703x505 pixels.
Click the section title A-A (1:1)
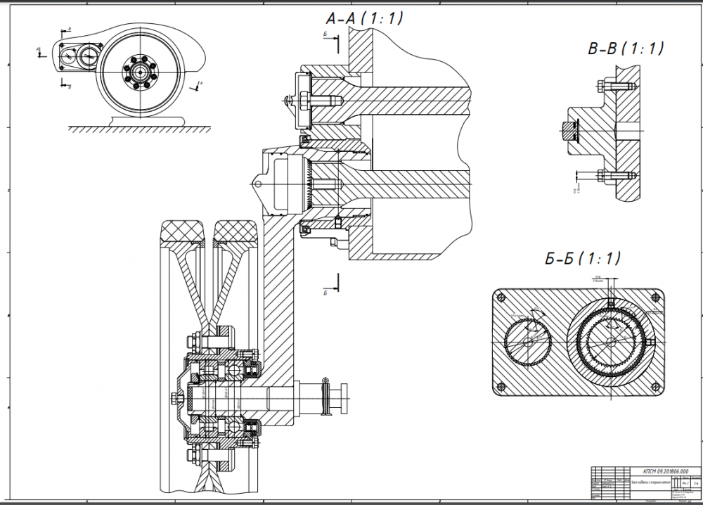pos(359,18)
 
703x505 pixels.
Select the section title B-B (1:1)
pos(626,49)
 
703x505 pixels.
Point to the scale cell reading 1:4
pos(695,484)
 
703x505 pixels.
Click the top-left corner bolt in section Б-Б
pos(502,296)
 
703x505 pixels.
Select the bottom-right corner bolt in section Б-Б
pos(657,386)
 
